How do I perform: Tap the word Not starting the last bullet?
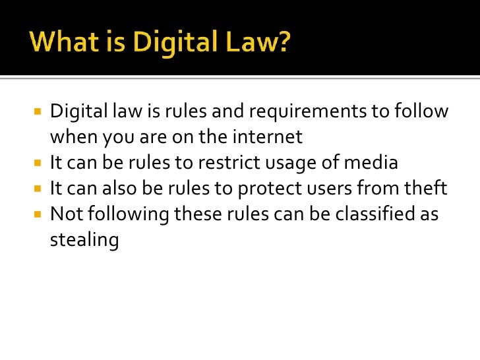pos(65,215)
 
